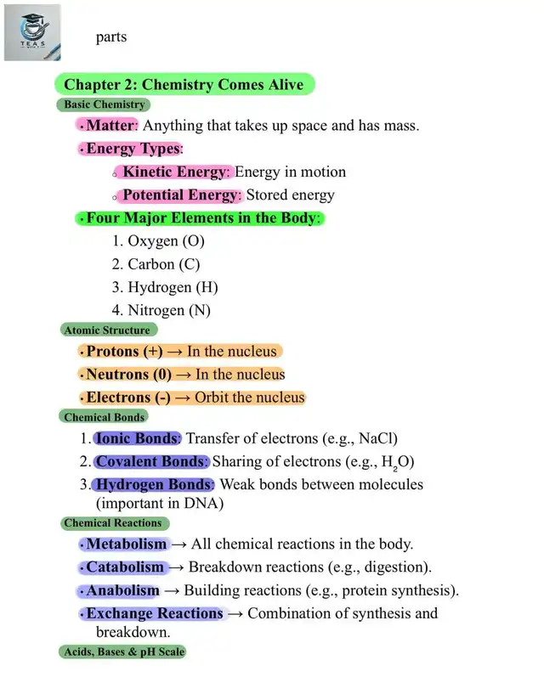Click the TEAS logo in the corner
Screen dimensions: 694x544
pyautogui.click(x=32, y=32)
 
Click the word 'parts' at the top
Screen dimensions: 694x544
pyautogui.click(x=111, y=37)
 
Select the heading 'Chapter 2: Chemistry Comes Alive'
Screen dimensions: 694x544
pyautogui.click(x=184, y=84)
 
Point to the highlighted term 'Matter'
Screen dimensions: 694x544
pyautogui.click(x=110, y=126)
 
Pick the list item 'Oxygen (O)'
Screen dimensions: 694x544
pyautogui.click(x=165, y=241)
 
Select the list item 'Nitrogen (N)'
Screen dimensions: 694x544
pyautogui.click(x=168, y=310)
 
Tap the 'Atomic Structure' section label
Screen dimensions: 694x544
pyautogui.click(x=107, y=330)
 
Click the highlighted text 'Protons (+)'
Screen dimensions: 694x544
pyautogui.click(x=124, y=351)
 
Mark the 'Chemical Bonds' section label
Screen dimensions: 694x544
pyautogui.click(x=104, y=417)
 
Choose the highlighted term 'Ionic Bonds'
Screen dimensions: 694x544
pyautogui.click(x=137, y=438)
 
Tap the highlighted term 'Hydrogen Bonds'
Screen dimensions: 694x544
pyautogui.click(x=154, y=484)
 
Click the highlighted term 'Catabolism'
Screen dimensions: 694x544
pyautogui.click(x=125, y=567)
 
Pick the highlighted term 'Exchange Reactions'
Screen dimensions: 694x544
pyautogui.click(x=154, y=613)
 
